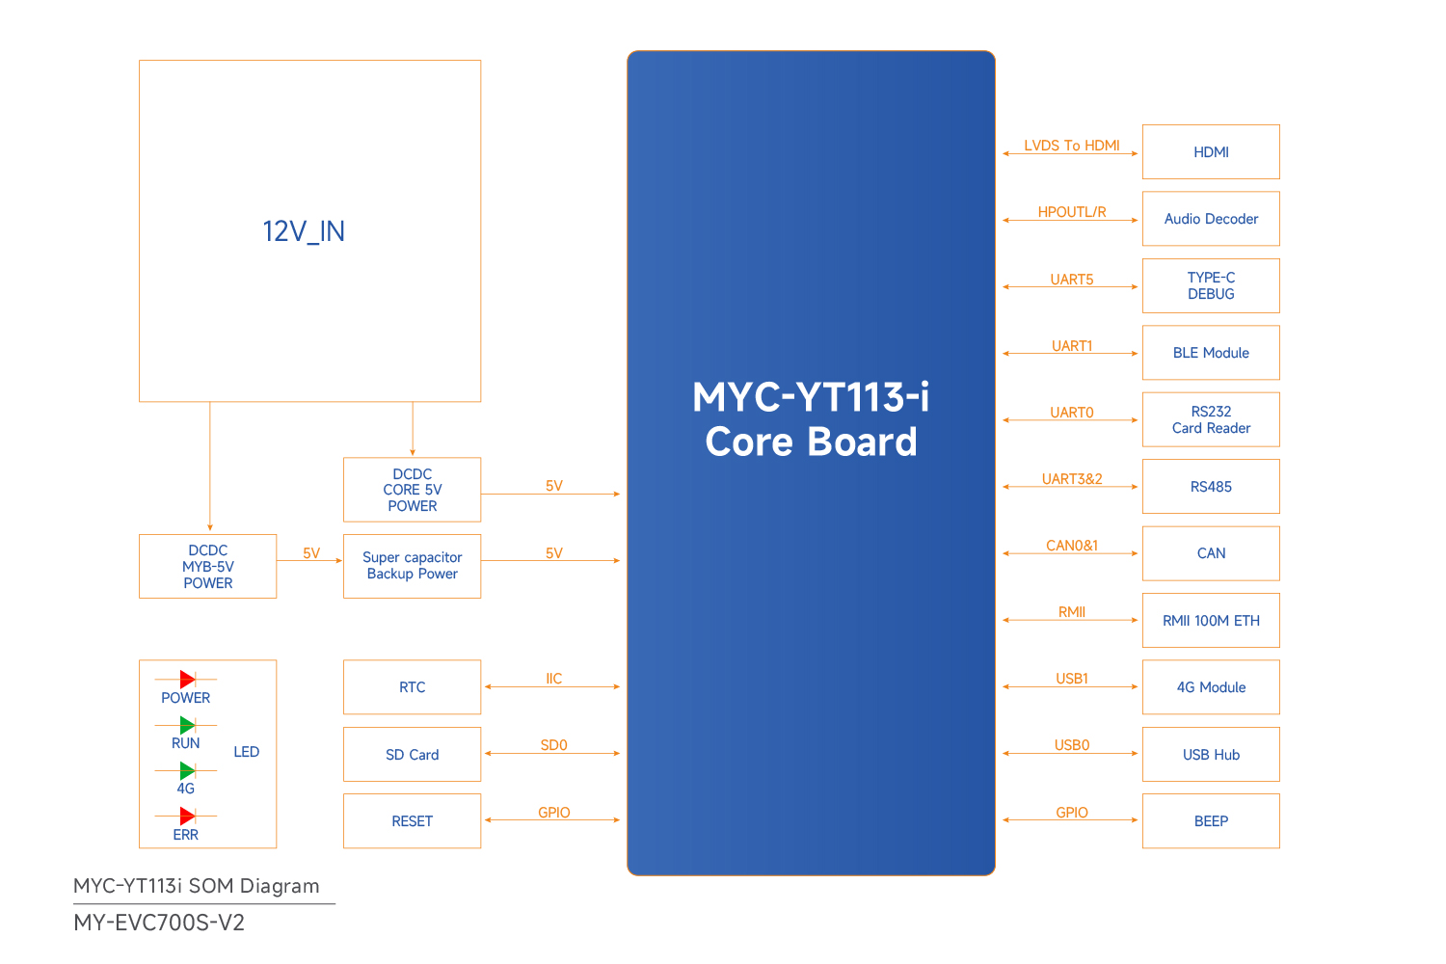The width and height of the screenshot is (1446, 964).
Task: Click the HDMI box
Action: [1211, 152]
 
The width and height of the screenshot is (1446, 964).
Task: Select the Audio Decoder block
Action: [1211, 219]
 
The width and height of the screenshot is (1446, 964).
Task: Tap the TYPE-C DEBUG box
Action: [1211, 285]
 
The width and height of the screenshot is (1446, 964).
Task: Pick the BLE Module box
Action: [1211, 353]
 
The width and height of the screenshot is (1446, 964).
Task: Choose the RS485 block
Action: [1211, 487]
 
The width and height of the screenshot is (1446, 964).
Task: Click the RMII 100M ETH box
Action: [1211, 621]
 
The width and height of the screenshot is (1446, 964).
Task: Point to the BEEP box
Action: [1211, 821]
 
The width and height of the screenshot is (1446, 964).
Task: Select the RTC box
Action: [412, 687]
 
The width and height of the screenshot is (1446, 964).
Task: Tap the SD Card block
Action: [412, 755]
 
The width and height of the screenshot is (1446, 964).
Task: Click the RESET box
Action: [412, 821]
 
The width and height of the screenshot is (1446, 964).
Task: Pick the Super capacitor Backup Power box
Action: [412, 566]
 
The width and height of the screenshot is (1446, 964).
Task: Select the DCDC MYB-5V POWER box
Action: [207, 567]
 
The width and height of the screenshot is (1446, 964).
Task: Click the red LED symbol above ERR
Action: [187, 817]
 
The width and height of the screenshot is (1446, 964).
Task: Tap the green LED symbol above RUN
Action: [187, 725]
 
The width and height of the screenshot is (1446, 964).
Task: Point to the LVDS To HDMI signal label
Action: [1072, 146]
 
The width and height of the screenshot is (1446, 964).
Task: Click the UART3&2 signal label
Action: [1072, 479]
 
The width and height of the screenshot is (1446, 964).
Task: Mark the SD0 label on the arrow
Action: [553, 745]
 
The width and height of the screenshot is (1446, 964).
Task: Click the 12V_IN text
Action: [304, 231]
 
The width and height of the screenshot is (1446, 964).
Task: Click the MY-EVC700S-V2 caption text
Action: [159, 923]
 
